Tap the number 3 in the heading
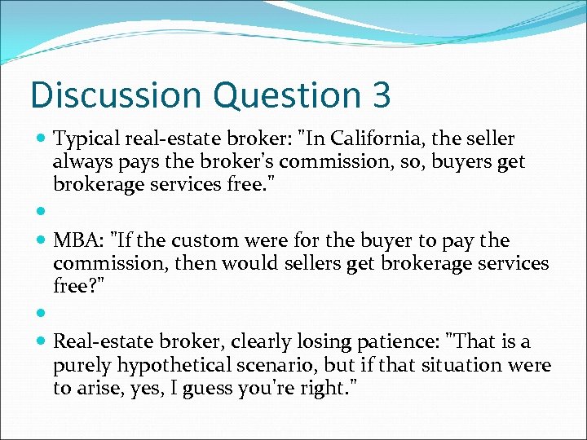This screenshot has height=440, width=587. pos(381,95)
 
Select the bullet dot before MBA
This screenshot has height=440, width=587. pos(41,242)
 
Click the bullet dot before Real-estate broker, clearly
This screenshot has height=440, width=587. pos(41,343)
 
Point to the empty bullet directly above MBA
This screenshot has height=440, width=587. pos(41,211)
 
